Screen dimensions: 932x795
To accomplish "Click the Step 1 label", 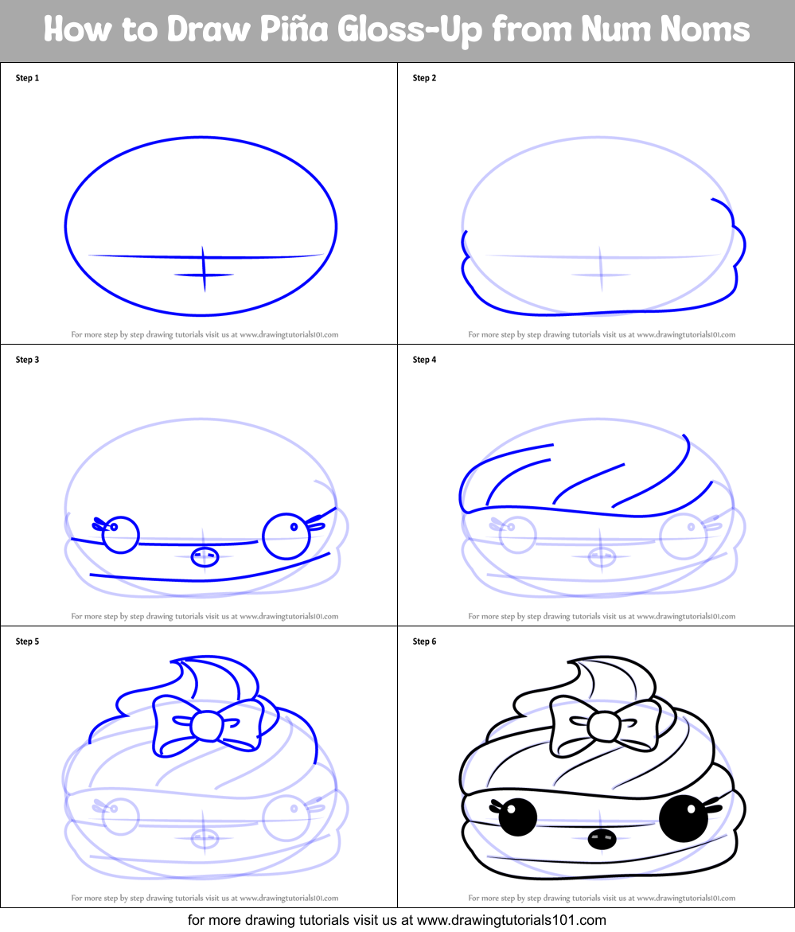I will tap(27, 78).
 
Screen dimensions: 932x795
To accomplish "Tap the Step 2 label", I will tap(424, 78).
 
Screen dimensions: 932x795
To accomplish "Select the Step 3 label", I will tap(27, 360).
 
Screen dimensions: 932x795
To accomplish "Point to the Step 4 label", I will tap(424, 360).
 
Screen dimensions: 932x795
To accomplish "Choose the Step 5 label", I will tap(27, 641).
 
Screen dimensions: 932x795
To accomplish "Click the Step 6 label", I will tap(424, 641).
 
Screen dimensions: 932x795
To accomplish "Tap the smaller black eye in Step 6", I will tap(517, 816).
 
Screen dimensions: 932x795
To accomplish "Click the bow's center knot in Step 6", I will tap(602, 726).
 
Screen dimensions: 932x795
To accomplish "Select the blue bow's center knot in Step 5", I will tap(205, 726).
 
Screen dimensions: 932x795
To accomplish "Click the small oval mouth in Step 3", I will tap(205, 556).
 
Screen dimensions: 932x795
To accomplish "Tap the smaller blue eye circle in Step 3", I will tap(121, 534).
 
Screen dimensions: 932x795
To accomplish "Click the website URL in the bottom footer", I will tap(512, 920).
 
